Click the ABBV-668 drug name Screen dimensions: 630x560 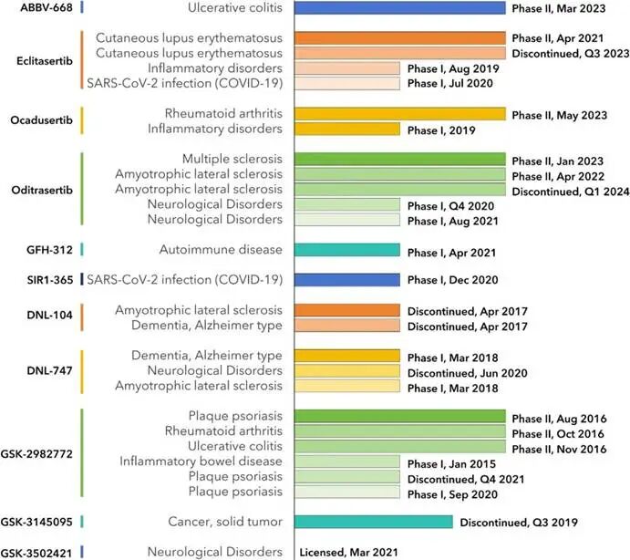[x=46, y=7]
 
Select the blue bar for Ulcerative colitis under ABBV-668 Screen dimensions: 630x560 [x=399, y=7]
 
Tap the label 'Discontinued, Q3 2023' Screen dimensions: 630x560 [x=571, y=54]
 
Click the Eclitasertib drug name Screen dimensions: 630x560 [x=45, y=61]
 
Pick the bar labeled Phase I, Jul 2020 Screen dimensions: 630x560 [x=347, y=83]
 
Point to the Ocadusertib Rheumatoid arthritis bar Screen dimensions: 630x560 [x=399, y=114]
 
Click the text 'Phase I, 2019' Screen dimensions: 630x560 [x=441, y=130]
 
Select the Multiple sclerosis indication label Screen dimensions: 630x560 [x=232, y=159]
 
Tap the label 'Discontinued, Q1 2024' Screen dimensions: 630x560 [x=571, y=192]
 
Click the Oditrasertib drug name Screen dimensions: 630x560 [x=42, y=190]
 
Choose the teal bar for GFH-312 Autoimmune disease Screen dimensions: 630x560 [x=347, y=250]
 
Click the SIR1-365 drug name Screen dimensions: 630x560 [x=50, y=280]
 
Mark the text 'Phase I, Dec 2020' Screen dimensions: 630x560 [x=453, y=280]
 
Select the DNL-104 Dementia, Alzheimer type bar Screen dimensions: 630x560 [x=347, y=326]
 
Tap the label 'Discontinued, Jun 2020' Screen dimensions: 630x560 [x=468, y=373]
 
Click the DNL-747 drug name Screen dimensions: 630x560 [x=50, y=370]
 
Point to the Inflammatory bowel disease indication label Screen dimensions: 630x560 [x=201, y=461]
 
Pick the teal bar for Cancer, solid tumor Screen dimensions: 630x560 [x=374, y=522]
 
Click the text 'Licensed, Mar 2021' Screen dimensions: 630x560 [x=349, y=553]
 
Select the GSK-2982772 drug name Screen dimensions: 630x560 [x=36, y=454]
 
